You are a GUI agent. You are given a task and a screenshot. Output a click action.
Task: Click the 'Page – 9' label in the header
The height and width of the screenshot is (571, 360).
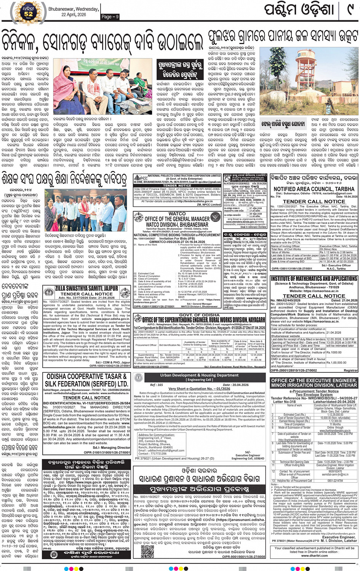tap(110, 16)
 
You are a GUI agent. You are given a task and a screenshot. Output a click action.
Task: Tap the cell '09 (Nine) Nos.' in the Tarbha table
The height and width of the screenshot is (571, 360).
tap(329, 249)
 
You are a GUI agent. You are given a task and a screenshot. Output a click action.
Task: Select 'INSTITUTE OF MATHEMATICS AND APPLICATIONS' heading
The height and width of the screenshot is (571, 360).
tap(314, 279)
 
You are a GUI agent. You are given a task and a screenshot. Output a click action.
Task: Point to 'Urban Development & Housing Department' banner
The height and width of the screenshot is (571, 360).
tap(199, 375)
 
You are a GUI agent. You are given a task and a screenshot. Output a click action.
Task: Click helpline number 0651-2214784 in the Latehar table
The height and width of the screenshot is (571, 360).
tap(335, 481)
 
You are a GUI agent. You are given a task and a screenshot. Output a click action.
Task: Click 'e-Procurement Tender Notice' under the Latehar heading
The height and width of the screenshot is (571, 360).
tap(314, 391)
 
